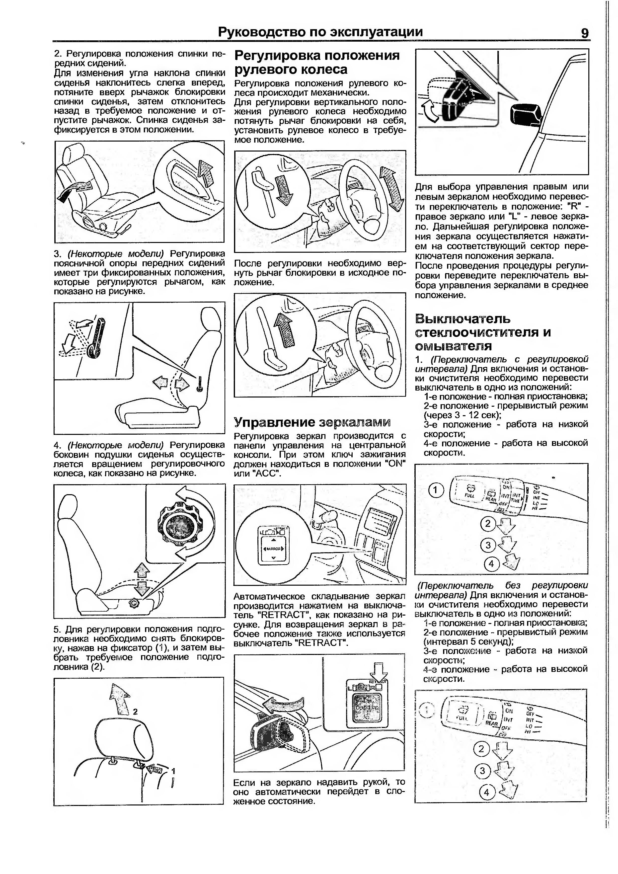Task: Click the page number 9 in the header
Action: click(x=585, y=33)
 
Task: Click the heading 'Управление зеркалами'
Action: click(x=312, y=422)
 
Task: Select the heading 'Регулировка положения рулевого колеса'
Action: click(x=317, y=62)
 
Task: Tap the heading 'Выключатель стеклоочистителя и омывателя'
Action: click(x=482, y=332)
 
